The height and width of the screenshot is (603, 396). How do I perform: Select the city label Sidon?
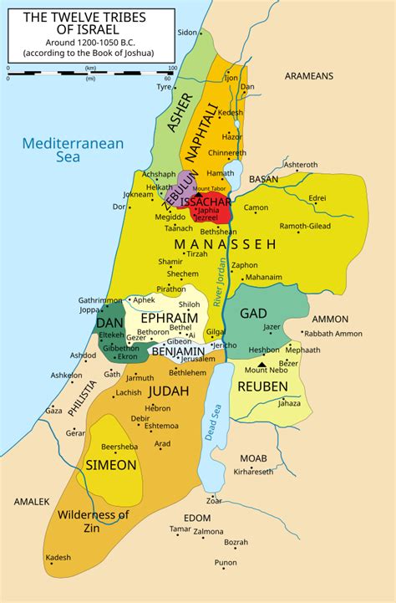(x=187, y=32)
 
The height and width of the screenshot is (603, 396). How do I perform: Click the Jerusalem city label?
(x=203, y=359)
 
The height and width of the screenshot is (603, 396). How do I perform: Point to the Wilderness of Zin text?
(x=93, y=521)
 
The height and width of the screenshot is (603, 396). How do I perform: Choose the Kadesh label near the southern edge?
(x=58, y=557)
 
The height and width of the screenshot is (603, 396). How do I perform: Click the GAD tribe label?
(x=253, y=313)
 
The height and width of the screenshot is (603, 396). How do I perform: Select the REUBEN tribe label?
(x=264, y=386)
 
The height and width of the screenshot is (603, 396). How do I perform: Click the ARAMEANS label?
(x=308, y=76)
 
